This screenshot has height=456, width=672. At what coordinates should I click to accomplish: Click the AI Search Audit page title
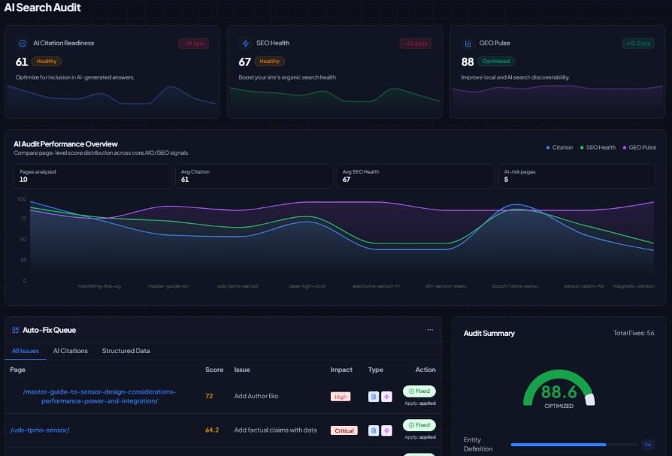pyautogui.click(x=43, y=7)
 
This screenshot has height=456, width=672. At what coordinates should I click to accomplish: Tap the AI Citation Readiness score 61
pyautogui.click(x=22, y=62)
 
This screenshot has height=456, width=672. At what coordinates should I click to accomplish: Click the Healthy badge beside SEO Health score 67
pyautogui.click(x=269, y=62)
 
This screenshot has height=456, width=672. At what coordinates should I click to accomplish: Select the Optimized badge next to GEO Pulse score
pyautogui.click(x=495, y=62)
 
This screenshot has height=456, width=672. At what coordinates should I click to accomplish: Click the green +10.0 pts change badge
pyautogui.click(x=638, y=43)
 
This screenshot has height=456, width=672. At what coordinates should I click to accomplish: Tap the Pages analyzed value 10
pyautogui.click(x=24, y=179)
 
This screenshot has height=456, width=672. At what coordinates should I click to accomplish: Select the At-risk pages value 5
pyautogui.click(x=505, y=179)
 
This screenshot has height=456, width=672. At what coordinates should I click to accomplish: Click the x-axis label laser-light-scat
pyautogui.click(x=307, y=286)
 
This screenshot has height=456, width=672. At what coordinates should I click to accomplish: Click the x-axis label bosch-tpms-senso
pyautogui.click(x=515, y=286)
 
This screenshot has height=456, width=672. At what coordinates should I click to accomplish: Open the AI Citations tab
pyautogui.click(x=70, y=350)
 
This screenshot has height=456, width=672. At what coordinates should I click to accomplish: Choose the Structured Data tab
pyautogui.click(x=126, y=350)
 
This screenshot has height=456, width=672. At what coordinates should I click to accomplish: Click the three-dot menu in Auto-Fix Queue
pyautogui.click(x=430, y=330)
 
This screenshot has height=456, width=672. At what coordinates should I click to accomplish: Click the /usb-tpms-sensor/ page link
pyautogui.click(x=39, y=430)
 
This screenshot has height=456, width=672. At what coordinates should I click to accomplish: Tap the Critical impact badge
pyautogui.click(x=344, y=431)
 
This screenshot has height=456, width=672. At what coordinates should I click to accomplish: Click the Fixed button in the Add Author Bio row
pyautogui.click(x=419, y=391)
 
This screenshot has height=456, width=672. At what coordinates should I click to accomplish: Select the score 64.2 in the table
pyautogui.click(x=212, y=430)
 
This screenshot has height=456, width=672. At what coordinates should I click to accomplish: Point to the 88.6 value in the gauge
pyautogui.click(x=559, y=392)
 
